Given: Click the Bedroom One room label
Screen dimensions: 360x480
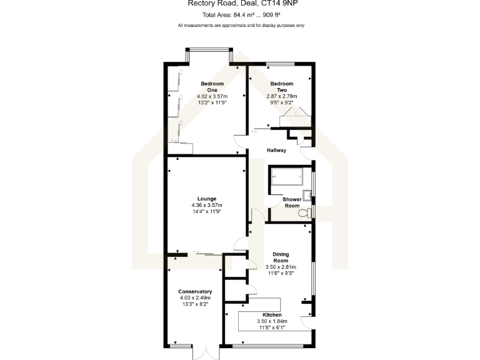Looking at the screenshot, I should point(212,87).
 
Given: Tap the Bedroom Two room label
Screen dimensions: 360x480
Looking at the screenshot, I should point(281,87).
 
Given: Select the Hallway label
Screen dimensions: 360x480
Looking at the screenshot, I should point(276,150).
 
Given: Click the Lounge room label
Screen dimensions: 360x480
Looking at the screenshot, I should point(207,199).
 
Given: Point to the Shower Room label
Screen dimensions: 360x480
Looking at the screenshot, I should point(292,202).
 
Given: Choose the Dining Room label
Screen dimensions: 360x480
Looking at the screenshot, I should point(280,257).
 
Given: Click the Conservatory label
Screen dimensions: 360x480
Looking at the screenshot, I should point(195,292).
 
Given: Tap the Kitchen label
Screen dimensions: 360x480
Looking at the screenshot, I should point(272,314).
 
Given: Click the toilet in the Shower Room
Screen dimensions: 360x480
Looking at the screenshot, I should point(304,214).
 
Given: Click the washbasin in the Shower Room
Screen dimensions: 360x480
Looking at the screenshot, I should point(307,194).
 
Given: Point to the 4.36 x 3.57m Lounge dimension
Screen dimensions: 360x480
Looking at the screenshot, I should point(207,205).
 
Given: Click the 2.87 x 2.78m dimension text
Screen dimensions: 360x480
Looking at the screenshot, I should point(281,97).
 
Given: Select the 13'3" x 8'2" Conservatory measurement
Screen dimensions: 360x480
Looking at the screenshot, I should point(195,304).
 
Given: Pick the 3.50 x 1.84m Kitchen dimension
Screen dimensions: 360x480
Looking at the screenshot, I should point(272,321).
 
